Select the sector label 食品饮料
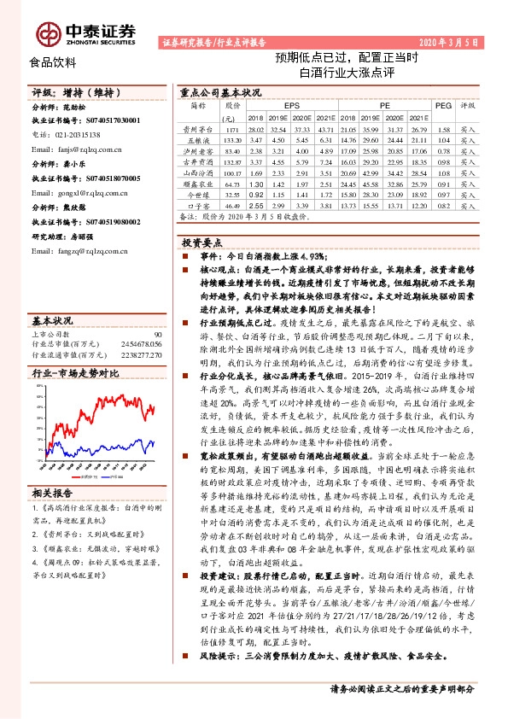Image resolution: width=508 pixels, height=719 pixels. coord(52,62)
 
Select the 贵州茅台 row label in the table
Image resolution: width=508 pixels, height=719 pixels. coord(197,128)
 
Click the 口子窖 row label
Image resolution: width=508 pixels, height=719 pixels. coord(197,206)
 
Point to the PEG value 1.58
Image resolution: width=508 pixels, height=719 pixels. coord(442,128)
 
